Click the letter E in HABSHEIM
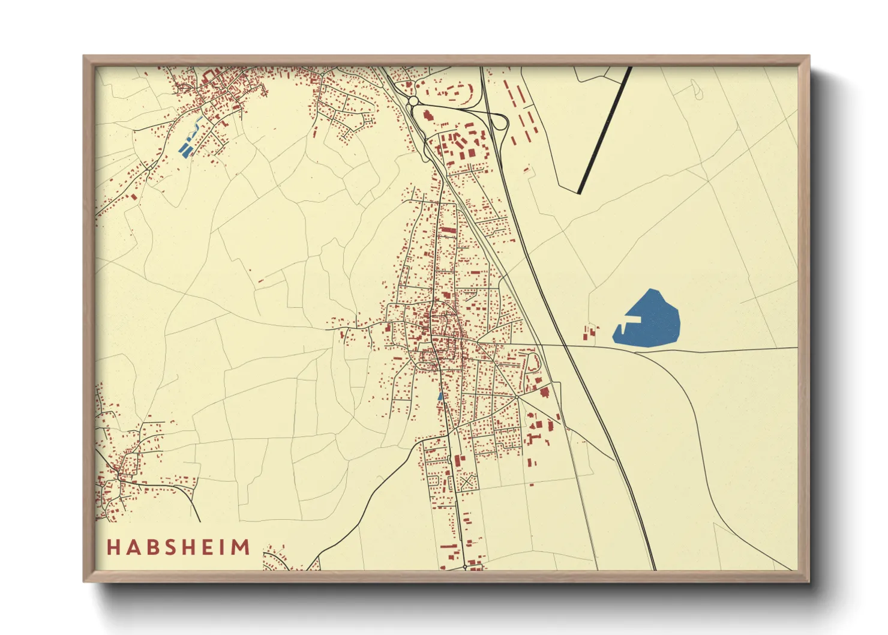click(211, 547)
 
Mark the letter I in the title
click(225, 547)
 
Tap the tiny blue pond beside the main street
click(440, 396)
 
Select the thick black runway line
click(605, 130)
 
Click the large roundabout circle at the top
click(413, 103)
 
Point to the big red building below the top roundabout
click(428, 115)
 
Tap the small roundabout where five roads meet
click(517, 397)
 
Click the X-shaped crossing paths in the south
click(467, 481)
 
